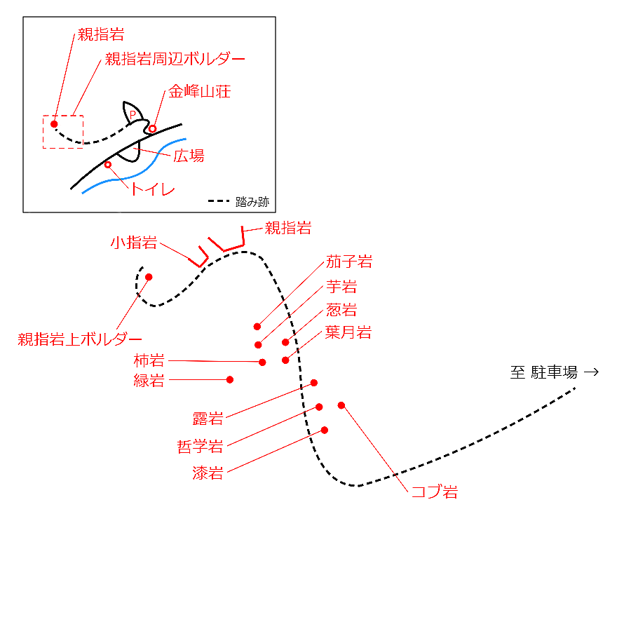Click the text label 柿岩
149,360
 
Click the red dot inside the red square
54,123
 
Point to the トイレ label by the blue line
153,190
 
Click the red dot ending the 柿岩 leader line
264,362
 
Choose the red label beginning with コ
434,491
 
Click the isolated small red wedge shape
132,114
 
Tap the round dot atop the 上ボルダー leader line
149,277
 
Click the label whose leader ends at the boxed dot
100,33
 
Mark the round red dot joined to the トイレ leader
109,166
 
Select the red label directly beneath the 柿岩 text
149,381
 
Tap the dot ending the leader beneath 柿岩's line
231,380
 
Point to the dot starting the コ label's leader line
341,405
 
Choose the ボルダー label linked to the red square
174,59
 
